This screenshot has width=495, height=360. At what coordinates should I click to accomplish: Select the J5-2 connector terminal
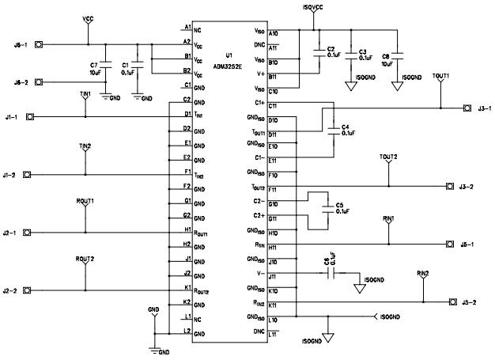(452, 301)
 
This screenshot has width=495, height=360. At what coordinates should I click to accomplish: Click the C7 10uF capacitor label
(95, 68)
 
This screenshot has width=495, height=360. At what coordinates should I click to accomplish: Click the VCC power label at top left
(87, 17)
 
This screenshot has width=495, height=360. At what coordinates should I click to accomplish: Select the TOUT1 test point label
(440, 76)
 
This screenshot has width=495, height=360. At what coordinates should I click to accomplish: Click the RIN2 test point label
(423, 273)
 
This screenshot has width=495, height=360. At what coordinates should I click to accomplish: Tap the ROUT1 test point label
(85, 202)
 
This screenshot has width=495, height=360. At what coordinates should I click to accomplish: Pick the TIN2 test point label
(85, 146)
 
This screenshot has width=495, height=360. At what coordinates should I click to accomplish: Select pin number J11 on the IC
(273, 276)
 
